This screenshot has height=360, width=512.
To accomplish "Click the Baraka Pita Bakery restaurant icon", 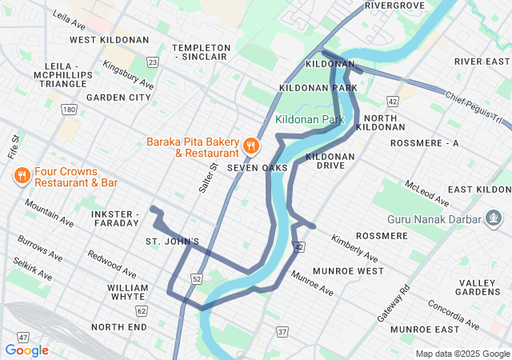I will tap(251, 145).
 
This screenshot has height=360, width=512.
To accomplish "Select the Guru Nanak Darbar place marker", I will tap(494, 218).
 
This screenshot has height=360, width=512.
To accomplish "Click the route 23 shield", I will tap(152, 62).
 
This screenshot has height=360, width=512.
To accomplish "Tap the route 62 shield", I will tap(142, 310).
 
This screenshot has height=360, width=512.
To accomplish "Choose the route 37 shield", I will tap(282, 331).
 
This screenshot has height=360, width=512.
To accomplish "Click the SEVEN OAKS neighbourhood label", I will tap(257, 168).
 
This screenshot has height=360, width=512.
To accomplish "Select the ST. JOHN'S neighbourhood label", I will tap(172, 241).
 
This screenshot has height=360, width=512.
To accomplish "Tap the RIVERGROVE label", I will tap(394, 6).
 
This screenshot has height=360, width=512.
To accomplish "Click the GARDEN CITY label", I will tap(118, 98).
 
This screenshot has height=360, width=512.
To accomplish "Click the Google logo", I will tap(26, 350).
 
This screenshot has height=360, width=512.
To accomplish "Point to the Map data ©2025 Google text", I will tap(462, 354).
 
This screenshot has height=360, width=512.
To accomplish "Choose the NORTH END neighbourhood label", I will tap(118, 327).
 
